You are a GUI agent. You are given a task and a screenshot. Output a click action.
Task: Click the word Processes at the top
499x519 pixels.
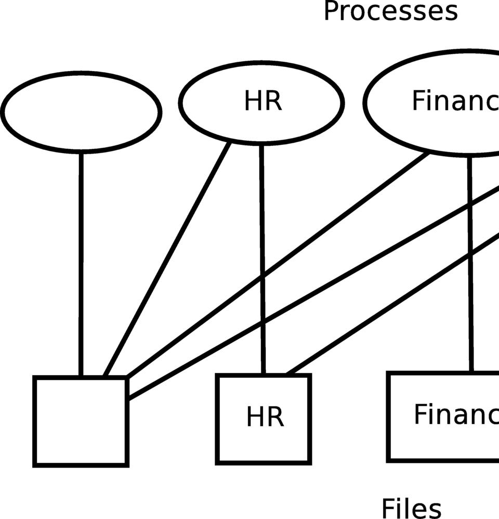390,11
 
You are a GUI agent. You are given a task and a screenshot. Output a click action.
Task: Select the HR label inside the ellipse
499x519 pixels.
263,102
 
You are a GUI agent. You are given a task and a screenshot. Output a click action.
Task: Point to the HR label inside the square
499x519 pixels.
265,417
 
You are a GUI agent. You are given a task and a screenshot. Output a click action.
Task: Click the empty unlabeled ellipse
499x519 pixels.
81,112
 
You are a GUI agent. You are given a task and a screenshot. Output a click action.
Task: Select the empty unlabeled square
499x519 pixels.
81,421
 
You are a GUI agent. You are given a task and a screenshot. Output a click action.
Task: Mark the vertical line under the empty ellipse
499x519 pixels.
81,265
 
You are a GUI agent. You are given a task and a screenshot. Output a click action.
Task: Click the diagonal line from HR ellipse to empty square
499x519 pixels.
167,258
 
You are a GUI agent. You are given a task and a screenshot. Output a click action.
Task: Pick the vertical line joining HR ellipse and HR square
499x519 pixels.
262,259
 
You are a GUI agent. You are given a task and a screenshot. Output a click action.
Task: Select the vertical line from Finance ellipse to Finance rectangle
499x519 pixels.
471,265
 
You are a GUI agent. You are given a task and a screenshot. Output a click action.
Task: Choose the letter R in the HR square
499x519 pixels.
276,417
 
